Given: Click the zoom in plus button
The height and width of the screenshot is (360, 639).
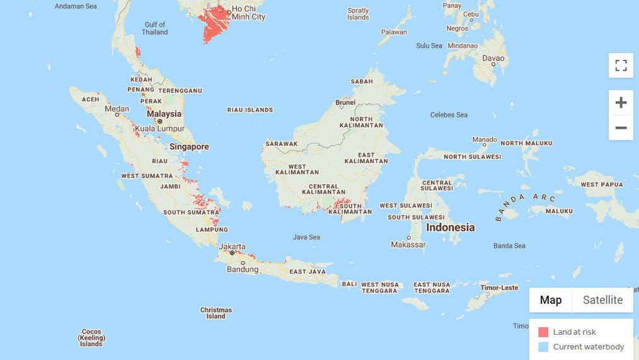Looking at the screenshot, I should [x=621, y=103].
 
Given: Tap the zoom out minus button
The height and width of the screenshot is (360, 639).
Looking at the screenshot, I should [x=621, y=128].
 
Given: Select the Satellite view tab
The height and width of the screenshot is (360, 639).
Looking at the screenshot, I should [x=602, y=300].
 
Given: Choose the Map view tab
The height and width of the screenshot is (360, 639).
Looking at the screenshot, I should [x=550, y=300].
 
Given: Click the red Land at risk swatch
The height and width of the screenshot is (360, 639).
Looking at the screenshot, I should [x=543, y=332].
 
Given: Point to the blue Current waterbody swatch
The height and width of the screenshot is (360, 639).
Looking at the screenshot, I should [x=543, y=347].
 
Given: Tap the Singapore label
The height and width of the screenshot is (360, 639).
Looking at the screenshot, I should [x=189, y=147].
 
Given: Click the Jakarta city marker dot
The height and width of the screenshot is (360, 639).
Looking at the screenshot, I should [x=232, y=253].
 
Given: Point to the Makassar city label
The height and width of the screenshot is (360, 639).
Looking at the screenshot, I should [x=408, y=245].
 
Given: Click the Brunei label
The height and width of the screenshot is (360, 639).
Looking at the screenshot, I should [x=345, y=102].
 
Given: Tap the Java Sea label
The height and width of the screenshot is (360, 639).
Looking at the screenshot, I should [x=306, y=237].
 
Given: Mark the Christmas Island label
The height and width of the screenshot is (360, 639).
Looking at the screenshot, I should [x=216, y=313].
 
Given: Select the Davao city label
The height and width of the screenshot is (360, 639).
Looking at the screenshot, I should [x=493, y=58].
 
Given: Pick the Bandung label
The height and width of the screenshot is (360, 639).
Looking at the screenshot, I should [x=243, y=270].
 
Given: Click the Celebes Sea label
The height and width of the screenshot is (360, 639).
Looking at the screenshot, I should [x=449, y=115].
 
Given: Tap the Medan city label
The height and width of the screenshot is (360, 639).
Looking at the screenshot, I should [x=117, y=108].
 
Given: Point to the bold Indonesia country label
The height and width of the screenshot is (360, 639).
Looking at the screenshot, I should [x=451, y=227].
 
